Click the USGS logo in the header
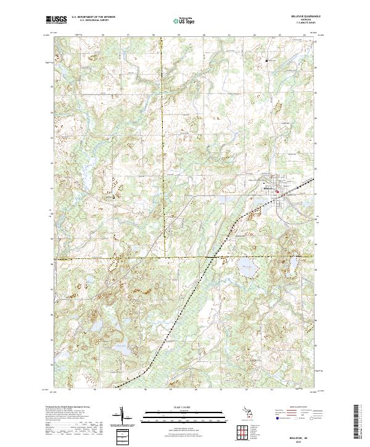pos(56,20)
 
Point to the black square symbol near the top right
pos(266,60)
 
